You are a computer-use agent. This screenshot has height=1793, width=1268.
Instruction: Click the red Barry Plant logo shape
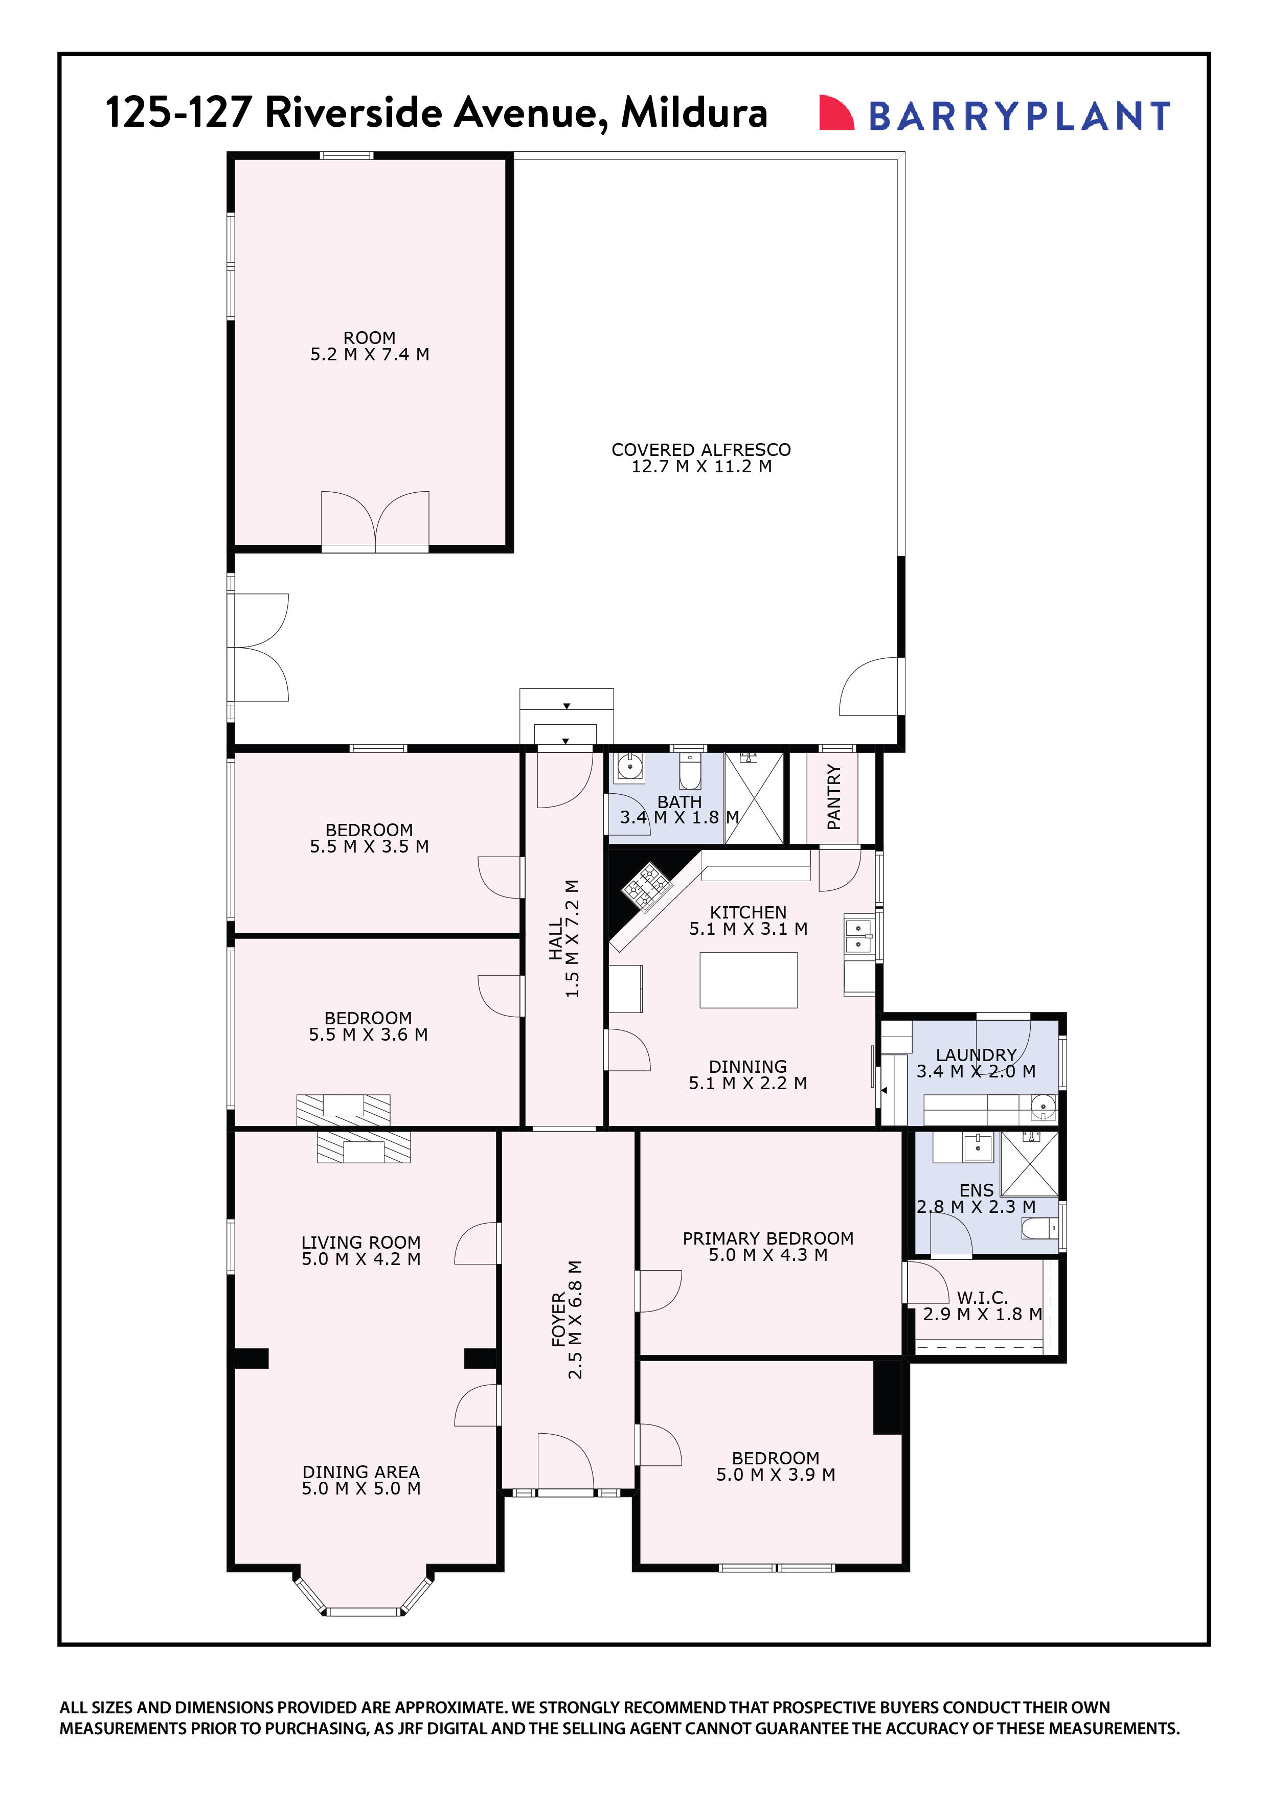[834, 113]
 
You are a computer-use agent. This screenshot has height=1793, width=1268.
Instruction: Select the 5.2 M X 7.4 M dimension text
[370, 355]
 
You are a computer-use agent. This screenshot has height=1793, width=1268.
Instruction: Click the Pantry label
[833, 796]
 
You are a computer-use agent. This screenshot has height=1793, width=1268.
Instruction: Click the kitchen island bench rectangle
[748, 979]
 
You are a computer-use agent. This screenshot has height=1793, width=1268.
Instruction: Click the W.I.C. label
[982, 1297]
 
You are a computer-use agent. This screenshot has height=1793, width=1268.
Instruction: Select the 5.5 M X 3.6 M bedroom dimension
[368, 1035]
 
